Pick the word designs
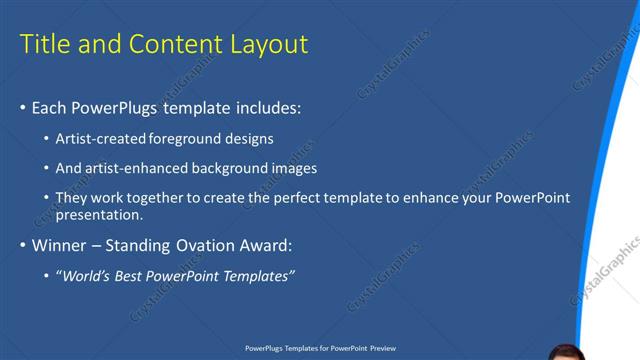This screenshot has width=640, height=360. (249, 137)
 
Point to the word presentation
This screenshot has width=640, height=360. (99, 214)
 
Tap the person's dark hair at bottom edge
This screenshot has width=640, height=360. (565, 352)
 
